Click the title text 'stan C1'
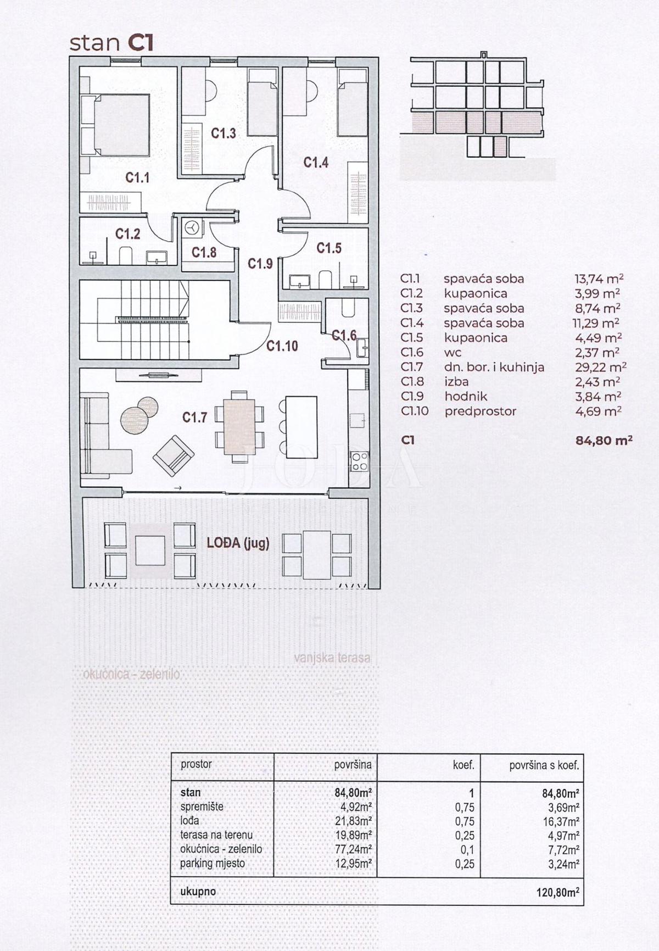111,43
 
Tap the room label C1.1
137,177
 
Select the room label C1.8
204,252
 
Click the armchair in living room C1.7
174,455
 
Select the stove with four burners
360,460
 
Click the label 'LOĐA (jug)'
238,543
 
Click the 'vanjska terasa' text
332,658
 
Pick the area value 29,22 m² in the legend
600,367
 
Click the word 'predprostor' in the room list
481,411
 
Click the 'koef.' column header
463,764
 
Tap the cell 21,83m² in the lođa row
353,821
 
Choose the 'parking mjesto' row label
213,863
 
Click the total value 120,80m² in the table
557,892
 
